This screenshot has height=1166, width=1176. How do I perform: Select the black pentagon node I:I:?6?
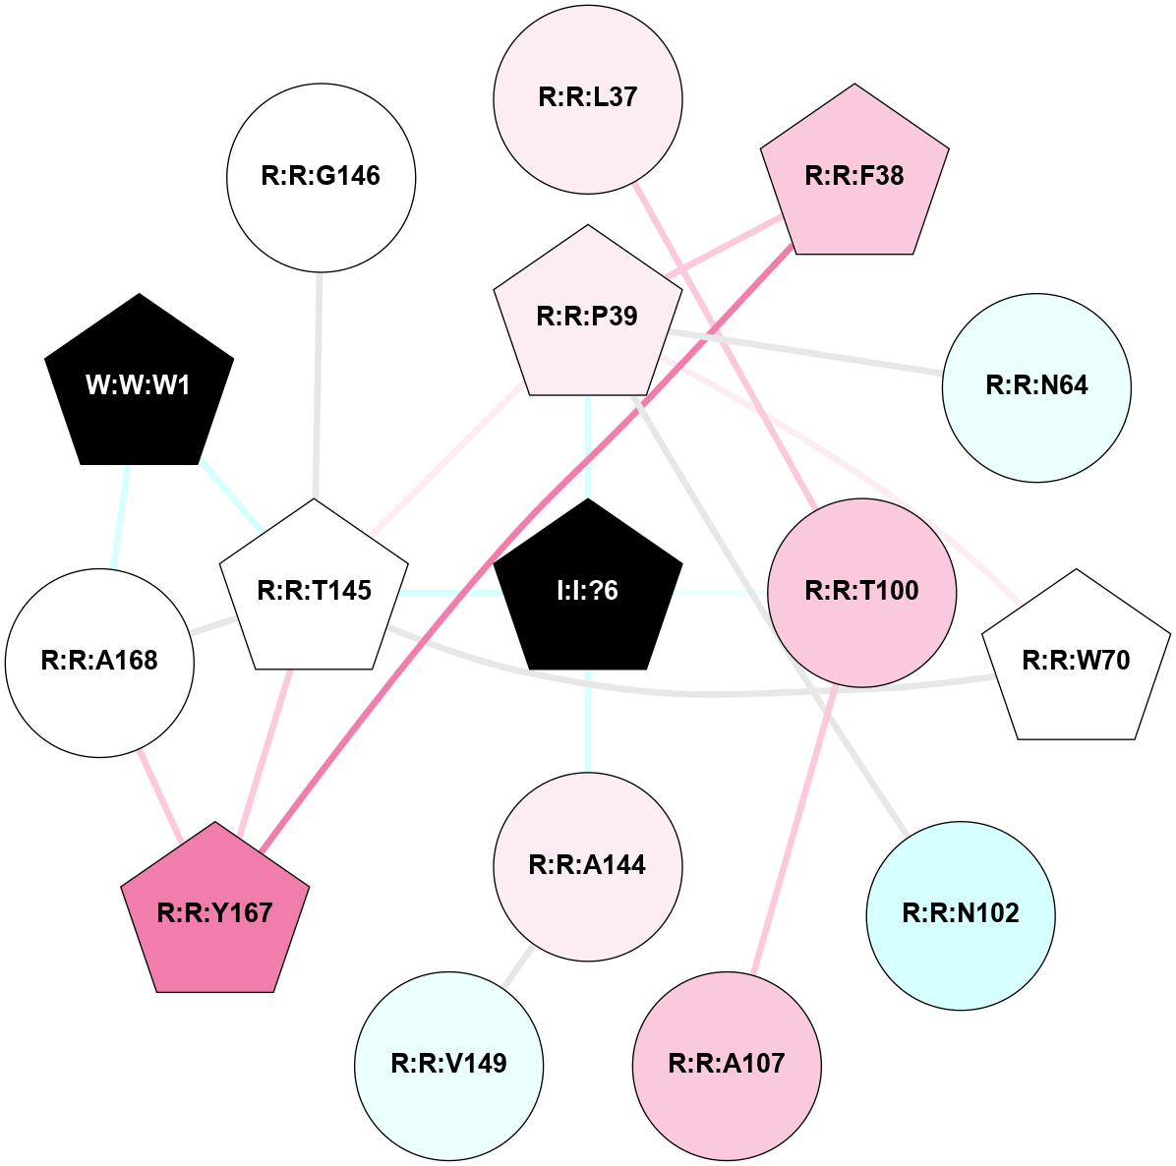point(587,589)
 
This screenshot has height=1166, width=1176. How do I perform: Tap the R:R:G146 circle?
point(321,177)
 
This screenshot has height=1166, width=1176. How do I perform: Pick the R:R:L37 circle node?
point(587,97)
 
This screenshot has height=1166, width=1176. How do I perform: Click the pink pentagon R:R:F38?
point(853,175)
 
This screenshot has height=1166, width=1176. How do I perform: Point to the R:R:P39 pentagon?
point(587,316)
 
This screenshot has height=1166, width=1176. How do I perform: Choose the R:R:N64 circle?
point(1036,386)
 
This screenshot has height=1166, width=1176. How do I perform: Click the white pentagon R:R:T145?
point(314,589)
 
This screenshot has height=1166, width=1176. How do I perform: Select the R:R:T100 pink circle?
point(861,591)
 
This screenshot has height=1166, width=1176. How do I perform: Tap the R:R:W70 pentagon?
point(1076,660)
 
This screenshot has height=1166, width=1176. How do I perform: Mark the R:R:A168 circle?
point(99,662)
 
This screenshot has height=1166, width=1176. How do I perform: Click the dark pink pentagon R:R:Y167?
point(214,912)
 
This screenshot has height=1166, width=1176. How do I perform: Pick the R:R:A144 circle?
point(587,865)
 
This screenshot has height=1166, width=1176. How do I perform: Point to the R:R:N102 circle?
point(960,914)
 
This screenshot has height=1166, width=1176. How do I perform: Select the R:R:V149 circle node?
point(448,1065)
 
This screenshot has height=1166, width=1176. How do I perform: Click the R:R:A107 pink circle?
point(726,1065)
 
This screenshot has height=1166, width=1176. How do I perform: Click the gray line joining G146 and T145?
point(318,383)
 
